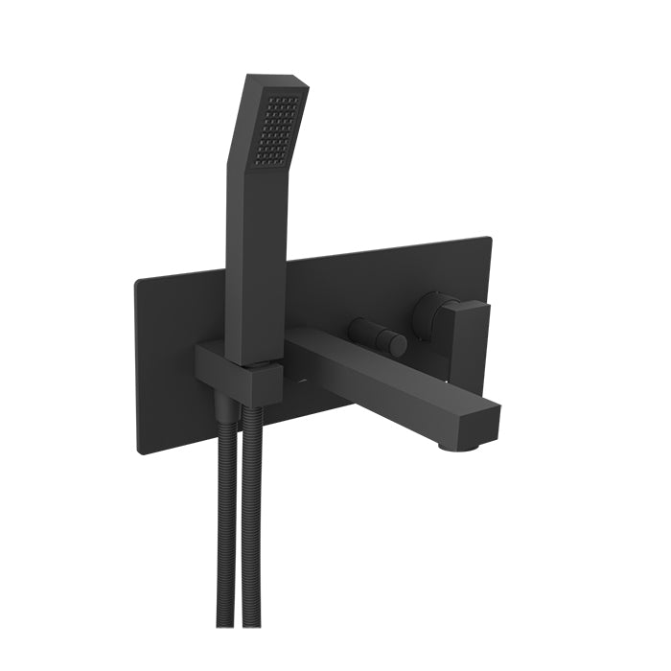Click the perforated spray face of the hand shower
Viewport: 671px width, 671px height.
click(x=280, y=128)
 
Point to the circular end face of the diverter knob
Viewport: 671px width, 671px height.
click(x=397, y=345)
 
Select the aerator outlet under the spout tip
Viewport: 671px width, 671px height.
click(x=451, y=443)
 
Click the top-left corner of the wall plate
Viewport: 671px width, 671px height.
click(x=137, y=279)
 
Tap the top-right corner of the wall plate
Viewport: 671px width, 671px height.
click(x=490, y=238)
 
